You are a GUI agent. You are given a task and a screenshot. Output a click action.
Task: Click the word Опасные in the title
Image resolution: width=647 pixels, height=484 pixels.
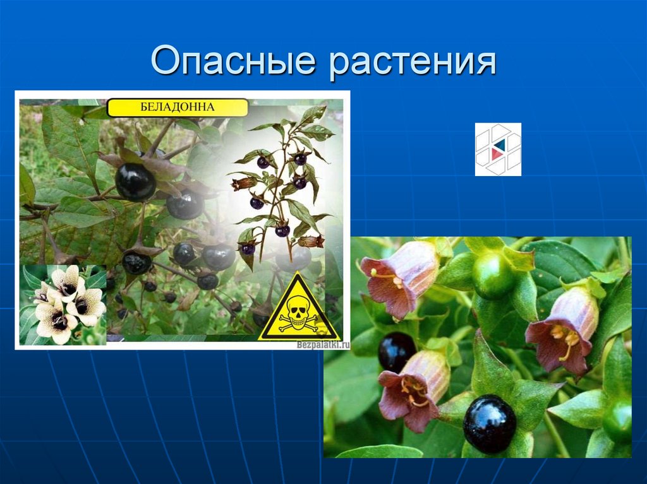(233, 62)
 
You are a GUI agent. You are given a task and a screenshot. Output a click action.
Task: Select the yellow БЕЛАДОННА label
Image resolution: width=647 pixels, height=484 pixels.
(177, 107)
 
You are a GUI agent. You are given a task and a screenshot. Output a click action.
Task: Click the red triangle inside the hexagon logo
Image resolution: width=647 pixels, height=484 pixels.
(499, 154)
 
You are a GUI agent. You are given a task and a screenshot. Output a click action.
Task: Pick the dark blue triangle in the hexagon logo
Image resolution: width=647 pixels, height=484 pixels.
(499, 145)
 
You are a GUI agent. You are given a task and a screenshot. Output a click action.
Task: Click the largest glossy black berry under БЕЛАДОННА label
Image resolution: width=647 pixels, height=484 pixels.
(135, 182)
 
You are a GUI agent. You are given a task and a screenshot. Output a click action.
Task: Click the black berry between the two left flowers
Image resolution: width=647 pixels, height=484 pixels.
(396, 351)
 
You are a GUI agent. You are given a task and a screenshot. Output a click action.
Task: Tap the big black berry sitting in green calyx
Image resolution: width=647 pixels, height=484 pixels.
(490, 423)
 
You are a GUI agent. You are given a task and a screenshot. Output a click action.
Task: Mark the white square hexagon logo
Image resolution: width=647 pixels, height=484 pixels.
(498, 149)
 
